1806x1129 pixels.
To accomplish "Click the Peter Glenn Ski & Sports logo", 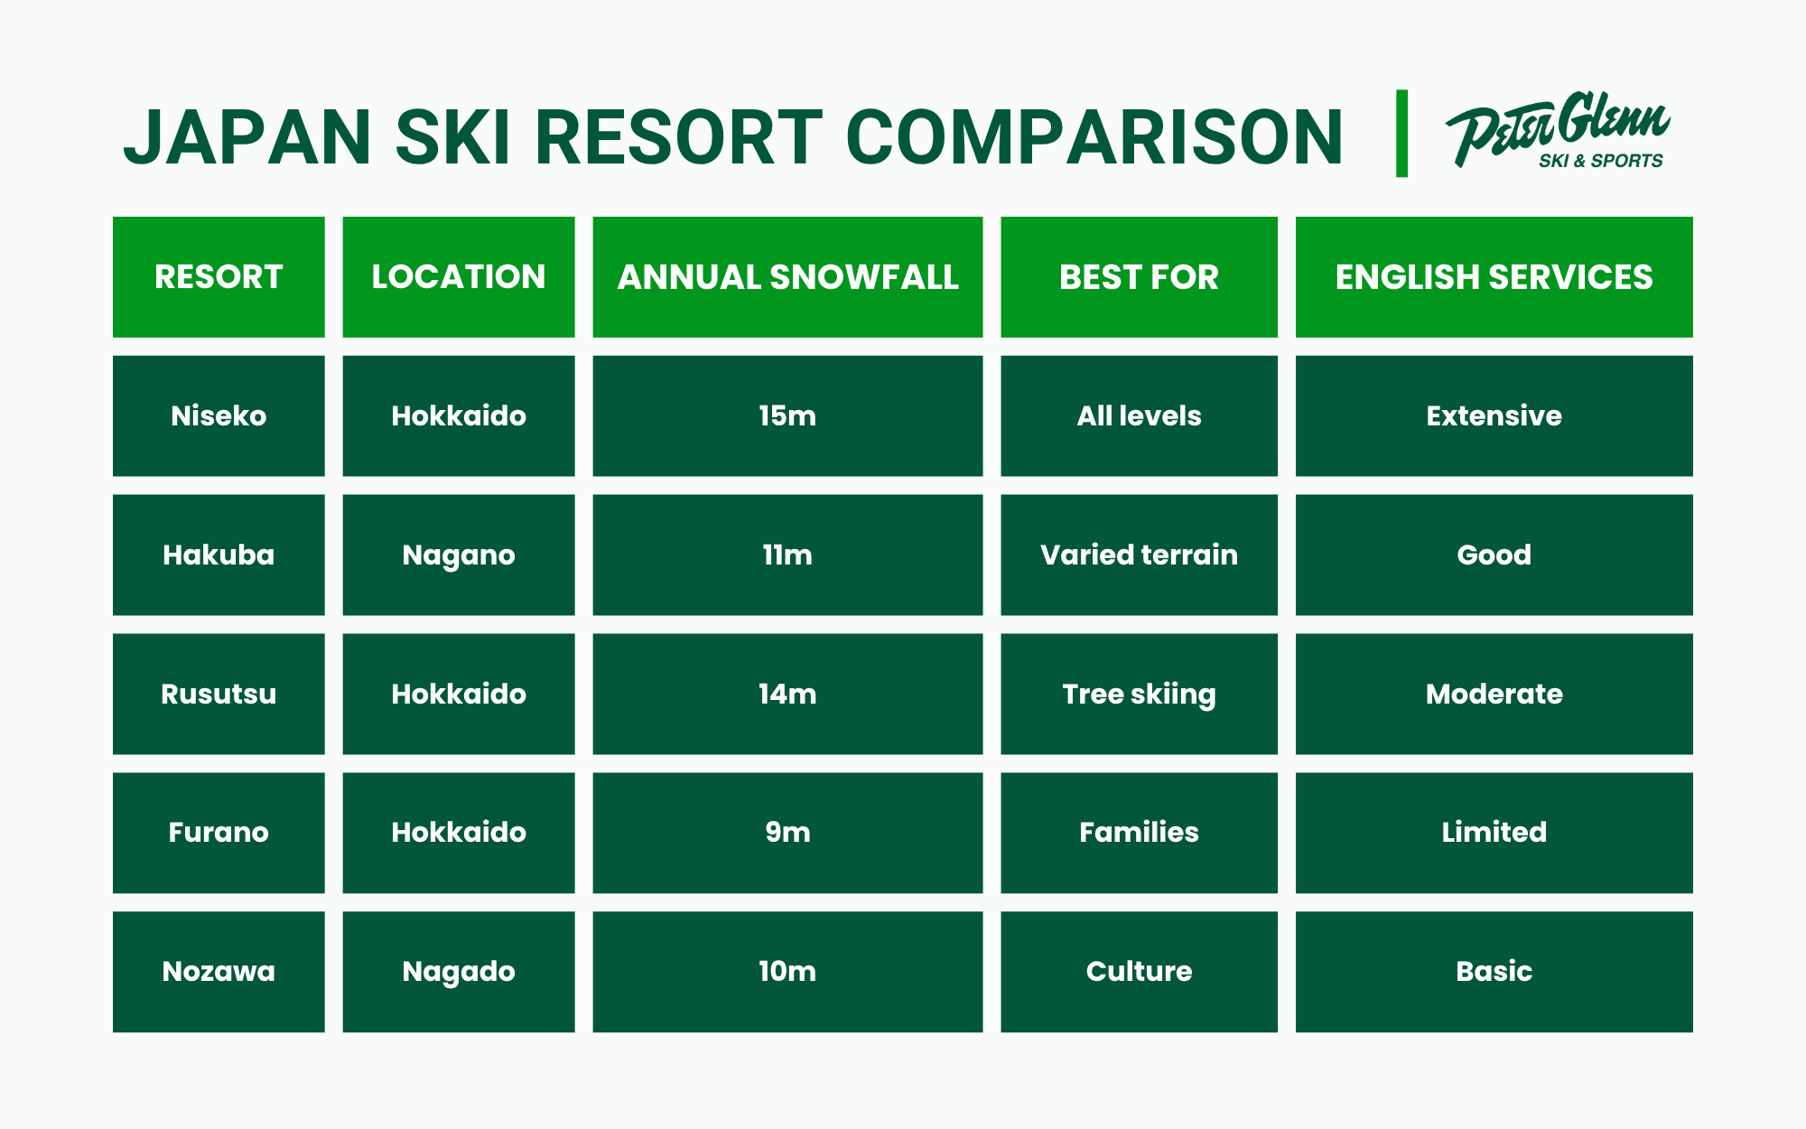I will pos(1558,132).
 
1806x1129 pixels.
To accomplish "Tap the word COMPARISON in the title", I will pos(1094,138).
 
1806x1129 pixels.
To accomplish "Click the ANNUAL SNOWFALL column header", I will pos(787,277).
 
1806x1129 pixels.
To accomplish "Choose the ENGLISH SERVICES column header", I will pos(1494,277).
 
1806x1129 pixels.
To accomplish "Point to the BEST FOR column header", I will pos(1139,277).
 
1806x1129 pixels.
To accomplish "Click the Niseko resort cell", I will pos(219,415).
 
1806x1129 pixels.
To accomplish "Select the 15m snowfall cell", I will pos(787,415).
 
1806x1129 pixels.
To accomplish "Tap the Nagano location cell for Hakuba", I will pos(459,555).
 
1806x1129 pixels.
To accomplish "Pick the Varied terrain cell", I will pos(1139,555).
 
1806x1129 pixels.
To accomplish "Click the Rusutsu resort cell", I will pos(219,694).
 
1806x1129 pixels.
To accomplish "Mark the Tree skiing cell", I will pos(1139,694).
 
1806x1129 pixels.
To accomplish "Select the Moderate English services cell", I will pos(1494,694).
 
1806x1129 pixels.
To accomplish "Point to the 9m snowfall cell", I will pos(787,832).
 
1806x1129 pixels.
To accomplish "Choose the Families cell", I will pos(1139,832).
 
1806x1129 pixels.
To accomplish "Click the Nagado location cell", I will pos(459,971).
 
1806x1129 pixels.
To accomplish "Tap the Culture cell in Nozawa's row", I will pos(1139,971).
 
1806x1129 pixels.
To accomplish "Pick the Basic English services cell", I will pos(1494,971).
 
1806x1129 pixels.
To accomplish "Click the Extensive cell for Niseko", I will pos(1494,415).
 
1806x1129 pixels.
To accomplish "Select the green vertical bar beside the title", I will pos(1401,134).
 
